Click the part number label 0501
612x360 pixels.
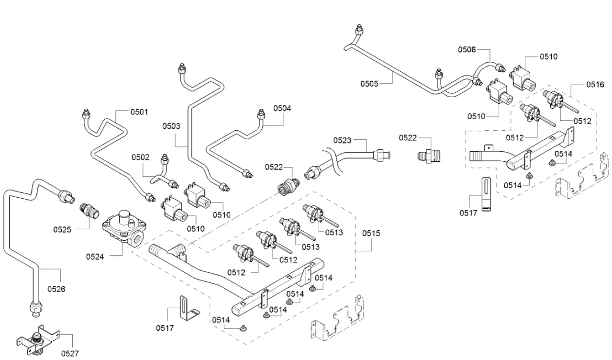140,112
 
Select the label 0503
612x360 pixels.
171,126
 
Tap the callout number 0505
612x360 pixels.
369,84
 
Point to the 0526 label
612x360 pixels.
56,289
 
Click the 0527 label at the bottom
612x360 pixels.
70,354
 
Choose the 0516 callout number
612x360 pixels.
595,85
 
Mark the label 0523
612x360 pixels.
343,140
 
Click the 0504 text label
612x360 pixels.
282,108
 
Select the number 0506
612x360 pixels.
467,49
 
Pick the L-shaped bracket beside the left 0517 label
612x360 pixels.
186,309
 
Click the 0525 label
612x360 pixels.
62,229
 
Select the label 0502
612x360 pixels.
141,157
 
